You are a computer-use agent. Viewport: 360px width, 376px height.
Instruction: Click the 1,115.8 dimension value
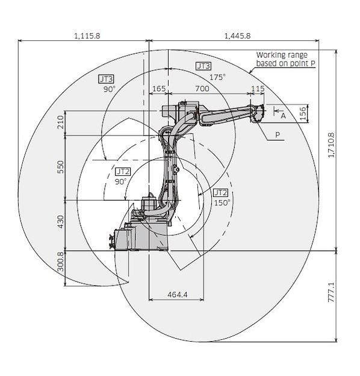[87, 36]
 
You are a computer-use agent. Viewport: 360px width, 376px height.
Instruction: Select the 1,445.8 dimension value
[237, 36]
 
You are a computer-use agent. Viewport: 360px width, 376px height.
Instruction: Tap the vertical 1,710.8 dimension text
[331, 145]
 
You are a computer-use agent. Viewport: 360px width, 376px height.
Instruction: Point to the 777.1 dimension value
[331, 292]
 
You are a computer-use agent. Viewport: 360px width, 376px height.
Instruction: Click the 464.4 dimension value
[177, 294]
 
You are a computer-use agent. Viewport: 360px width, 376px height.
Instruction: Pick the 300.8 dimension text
[61, 262]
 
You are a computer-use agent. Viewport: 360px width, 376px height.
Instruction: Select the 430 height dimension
[61, 222]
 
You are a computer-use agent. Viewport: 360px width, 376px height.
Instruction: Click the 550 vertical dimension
[61, 167]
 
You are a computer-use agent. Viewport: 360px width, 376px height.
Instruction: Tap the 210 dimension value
[61, 122]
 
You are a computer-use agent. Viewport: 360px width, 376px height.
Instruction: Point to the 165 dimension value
[159, 89]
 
